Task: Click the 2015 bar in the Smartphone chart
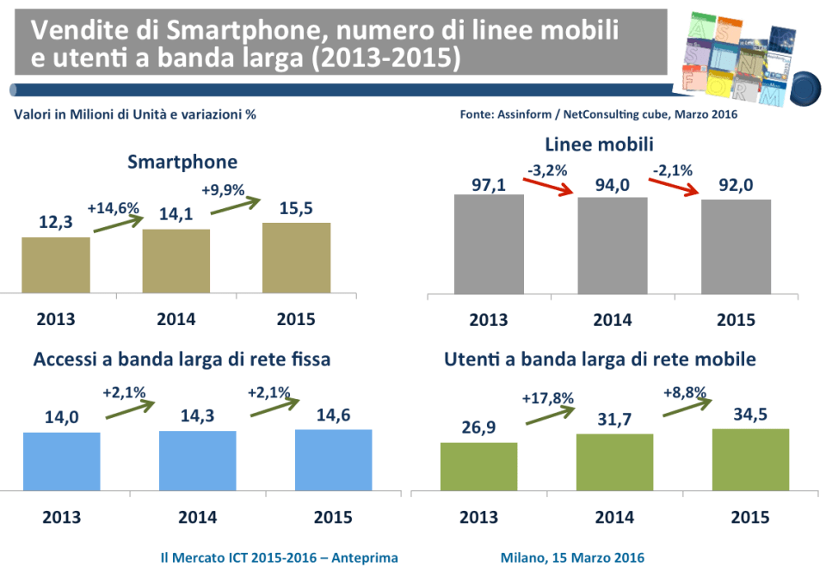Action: point(296,256)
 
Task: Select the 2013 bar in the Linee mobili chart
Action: point(489,243)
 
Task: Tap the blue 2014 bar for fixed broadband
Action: point(197,459)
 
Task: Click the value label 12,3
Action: point(55,223)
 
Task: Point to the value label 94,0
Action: point(612,183)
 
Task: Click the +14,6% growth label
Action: point(114,207)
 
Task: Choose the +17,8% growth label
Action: point(548,398)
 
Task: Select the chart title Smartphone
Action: point(182,162)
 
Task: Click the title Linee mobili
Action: point(612,144)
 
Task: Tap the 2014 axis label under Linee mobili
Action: point(613,320)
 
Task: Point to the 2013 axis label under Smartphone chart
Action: point(56,319)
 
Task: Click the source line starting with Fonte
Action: point(599,114)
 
